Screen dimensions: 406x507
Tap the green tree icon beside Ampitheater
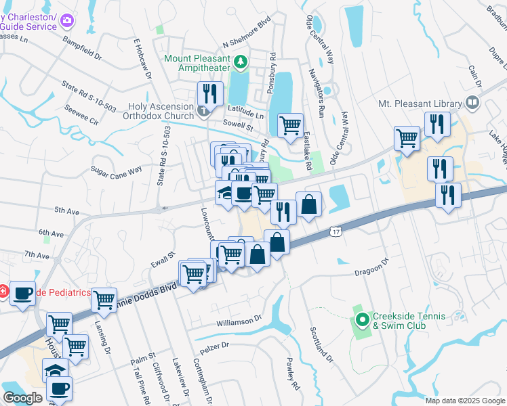click(x=240, y=63)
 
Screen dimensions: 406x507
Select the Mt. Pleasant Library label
click(x=420, y=104)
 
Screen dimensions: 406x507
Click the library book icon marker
click(x=472, y=104)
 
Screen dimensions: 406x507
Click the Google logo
click(x=22, y=398)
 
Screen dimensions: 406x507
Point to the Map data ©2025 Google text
click(x=464, y=401)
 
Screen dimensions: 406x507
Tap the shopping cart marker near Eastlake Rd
click(x=291, y=125)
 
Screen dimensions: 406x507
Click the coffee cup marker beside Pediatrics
click(x=23, y=293)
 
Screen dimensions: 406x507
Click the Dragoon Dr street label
click(x=371, y=265)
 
